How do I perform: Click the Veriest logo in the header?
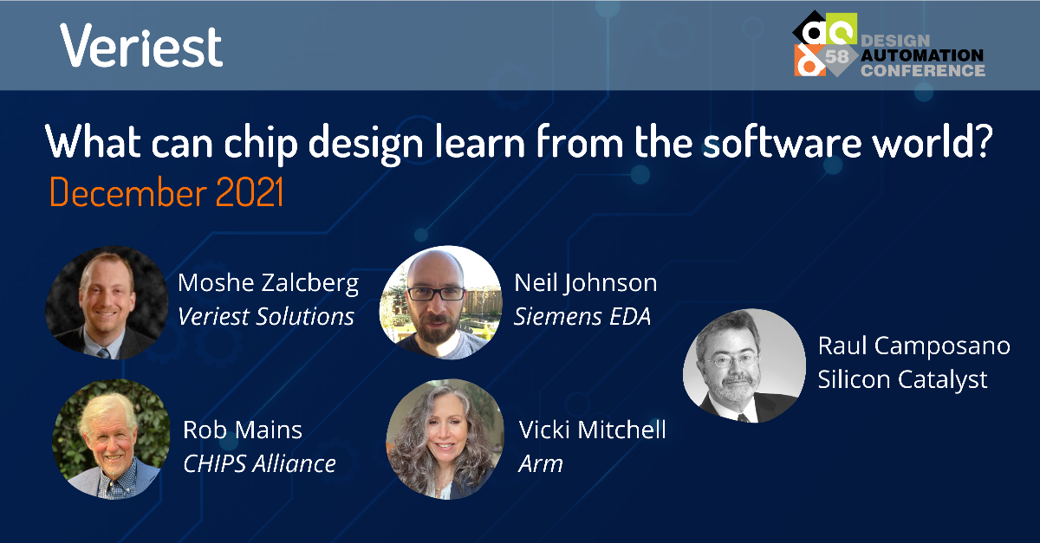pos(141,46)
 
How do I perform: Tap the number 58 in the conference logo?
pos(836,56)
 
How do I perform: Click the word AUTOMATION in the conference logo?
pos(922,55)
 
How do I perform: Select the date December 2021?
pos(166,191)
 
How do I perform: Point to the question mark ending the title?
pos(981,140)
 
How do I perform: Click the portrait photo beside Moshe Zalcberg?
pos(107,302)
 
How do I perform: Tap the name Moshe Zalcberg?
pos(269,283)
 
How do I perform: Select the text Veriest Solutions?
pos(266,316)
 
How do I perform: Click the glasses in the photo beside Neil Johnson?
pos(436,294)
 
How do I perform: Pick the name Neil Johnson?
pos(586,283)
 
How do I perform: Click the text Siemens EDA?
pos(582,316)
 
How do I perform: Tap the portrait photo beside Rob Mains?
pos(112,439)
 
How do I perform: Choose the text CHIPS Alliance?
pos(259,463)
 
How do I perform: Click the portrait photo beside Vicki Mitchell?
pos(445,439)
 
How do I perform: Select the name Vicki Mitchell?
pos(593,430)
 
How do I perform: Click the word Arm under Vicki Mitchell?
pos(541,463)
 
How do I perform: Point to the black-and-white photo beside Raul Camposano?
pos(744,365)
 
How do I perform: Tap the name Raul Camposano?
pos(913,346)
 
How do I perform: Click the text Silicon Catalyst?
pos(902,379)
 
